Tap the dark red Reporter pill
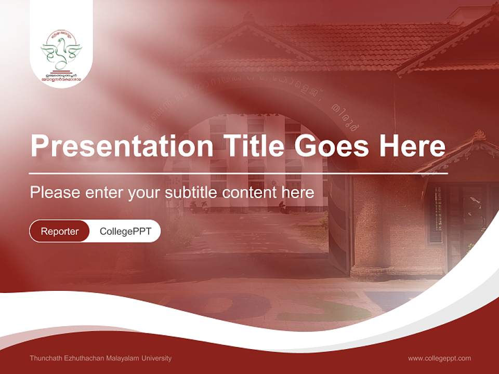[59, 231]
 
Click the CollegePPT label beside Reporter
[125, 231]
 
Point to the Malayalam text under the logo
[61, 78]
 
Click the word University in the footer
[157, 358]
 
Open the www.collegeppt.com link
[439, 358]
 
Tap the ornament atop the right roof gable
[479, 136]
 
